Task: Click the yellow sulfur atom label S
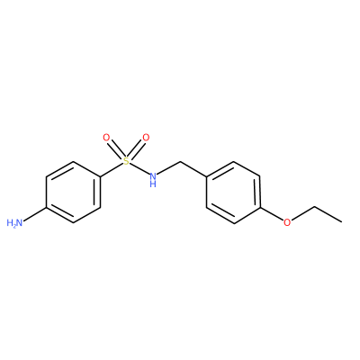pos(126,161)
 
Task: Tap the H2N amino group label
pos(14,223)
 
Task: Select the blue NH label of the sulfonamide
pos(153,179)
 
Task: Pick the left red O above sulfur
pos(106,138)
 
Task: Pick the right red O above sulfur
pos(146,138)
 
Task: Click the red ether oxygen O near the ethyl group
pos(287,222)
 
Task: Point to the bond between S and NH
pos(139,169)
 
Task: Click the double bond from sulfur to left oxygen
pos(115,149)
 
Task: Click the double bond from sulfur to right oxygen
pos(137,149)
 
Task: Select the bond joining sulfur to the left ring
pos(111,170)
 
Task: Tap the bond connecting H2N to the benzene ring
pos(35,214)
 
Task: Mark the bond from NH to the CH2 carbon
pos(169,168)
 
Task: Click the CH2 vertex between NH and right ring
pos(180,162)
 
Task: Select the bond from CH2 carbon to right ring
pos(193,170)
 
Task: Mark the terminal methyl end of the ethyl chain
pos(341,222)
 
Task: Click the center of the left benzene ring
pos(73,193)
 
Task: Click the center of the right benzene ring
pos(233,193)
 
